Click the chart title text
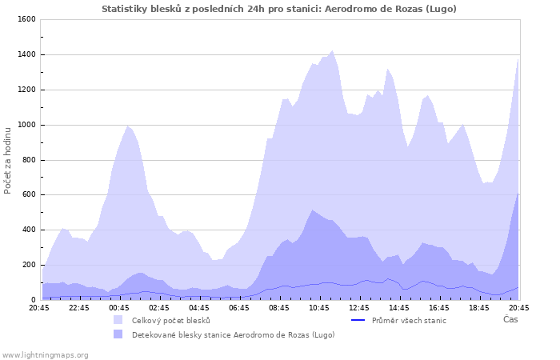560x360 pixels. (279, 9)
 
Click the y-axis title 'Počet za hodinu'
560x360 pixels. (8, 159)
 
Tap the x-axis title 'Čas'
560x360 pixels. (510, 319)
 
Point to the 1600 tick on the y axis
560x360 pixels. (26, 19)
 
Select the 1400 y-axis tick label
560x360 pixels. (26, 54)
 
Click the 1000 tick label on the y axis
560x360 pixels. (26, 125)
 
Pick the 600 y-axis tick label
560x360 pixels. (28, 194)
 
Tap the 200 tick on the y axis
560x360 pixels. (28, 265)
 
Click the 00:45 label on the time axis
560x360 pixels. (118, 307)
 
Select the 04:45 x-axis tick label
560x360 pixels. (198, 307)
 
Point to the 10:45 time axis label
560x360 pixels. (318, 307)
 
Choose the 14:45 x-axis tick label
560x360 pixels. (398, 307)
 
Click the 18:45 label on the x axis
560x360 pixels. (478, 307)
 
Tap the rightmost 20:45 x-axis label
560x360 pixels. (518, 307)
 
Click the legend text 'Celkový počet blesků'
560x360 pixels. (170, 320)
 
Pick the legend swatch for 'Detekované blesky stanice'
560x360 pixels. (118, 334)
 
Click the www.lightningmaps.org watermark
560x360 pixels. (45, 354)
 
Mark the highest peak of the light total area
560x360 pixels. (332, 50)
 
